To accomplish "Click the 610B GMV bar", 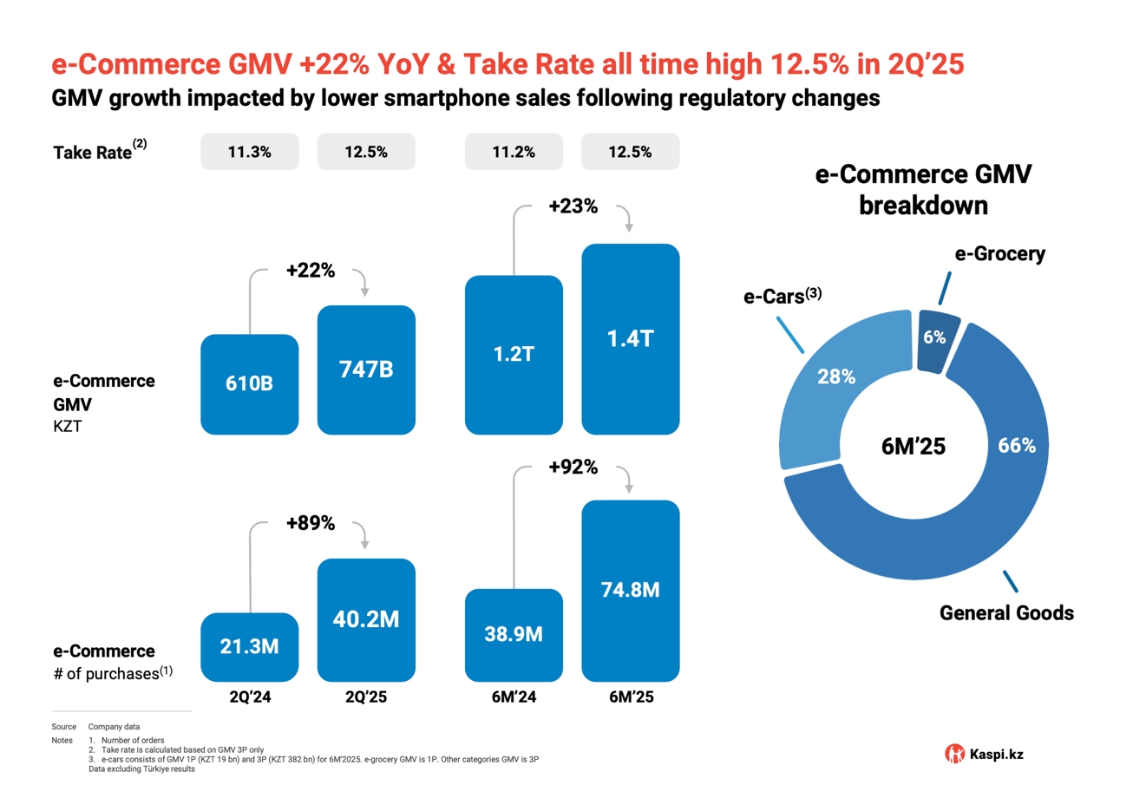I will (250, 384).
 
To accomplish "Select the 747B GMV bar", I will (366, 370).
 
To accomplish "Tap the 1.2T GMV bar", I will (514, 354).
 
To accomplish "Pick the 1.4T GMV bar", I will (630, 338).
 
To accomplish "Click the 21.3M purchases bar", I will (250, 647).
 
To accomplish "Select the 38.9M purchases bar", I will (514, 635).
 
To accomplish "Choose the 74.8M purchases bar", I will (630, 591).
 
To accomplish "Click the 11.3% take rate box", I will (250, 152).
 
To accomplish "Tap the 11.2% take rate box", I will (514, 152).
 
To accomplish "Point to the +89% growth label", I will (310, 523).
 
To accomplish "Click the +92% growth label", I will (573, 467).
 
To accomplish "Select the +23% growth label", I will (573, 207).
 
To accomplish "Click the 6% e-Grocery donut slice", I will (935, 339).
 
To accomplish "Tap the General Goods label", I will (1007, 613).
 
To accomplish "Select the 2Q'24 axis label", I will (250, 696).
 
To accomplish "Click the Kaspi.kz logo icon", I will (954, 754).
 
